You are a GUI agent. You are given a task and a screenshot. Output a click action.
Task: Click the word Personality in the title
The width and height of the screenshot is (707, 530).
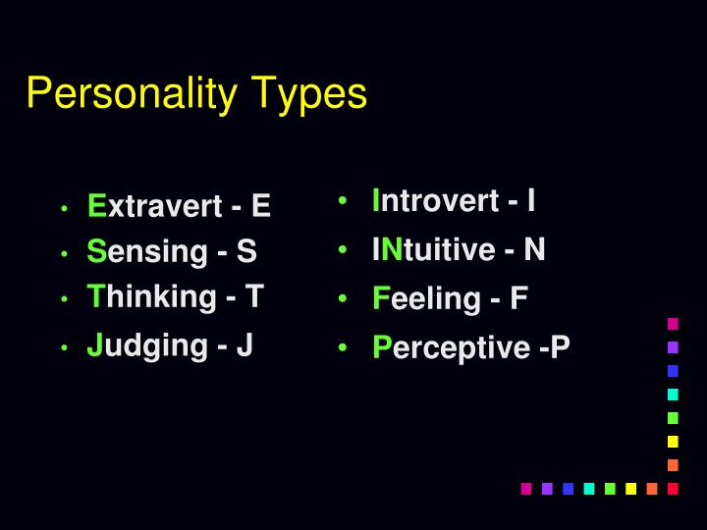pyautogui.click(x=132, y=94)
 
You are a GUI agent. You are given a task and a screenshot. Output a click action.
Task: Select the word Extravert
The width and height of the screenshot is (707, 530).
pyautogui.click(x=155, y=206)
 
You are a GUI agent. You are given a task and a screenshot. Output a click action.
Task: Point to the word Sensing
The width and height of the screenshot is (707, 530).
pyautogui.click(x=147, y=252)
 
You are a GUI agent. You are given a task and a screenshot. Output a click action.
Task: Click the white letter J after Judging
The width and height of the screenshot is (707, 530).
pyautogui.click(x=245, y=345)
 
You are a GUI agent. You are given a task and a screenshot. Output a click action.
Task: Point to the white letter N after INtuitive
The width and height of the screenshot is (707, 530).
pyautogui.click(x=533, y=250)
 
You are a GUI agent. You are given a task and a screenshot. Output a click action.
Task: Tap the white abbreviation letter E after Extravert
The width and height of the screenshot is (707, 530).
pyautogui.click(x=260, y=206)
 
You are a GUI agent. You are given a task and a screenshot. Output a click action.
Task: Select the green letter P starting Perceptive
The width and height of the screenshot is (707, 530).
pyautogui.click(x=382, y=347)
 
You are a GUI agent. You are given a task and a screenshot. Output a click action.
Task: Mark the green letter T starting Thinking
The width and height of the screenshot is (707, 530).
pyautogui.click(x=95, y=296)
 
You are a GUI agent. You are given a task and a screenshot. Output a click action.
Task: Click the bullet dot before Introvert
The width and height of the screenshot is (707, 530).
pyautogui.click(x=342, y=202)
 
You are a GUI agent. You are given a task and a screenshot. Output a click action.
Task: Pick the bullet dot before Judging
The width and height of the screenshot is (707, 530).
pyautogui.click(x=63, y=348)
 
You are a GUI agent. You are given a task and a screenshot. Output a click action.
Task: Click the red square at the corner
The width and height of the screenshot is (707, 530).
pyautogui.click(x=673, y=488)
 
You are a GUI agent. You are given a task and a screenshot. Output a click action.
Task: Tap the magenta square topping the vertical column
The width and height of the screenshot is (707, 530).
pyautogui.click(x=673, y=323)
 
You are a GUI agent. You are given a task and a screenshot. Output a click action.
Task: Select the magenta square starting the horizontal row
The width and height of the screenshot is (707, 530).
pyautogui.click(x=526, y=488)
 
